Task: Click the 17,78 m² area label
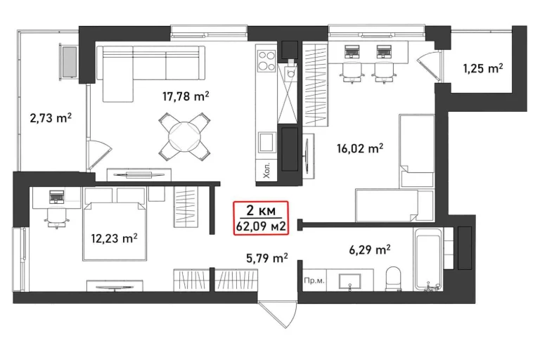point(186,96)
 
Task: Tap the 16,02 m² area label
point(360,148)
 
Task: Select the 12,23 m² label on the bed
point(115,238)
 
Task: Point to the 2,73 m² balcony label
point(51,118)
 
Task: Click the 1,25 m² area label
point(483,69)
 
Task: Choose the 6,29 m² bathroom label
point(370,250)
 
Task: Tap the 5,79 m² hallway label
point(267,258)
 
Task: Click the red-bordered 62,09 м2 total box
point(261,219)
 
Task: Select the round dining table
point(185,137)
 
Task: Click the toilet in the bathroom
point(393,279)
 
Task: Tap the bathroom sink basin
point(350,281)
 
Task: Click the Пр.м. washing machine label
point(314,281)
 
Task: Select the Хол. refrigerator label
point(266,171)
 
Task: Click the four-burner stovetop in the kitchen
point(266,60)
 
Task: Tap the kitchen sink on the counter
point(266,142)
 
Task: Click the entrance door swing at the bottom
point(278,314)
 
